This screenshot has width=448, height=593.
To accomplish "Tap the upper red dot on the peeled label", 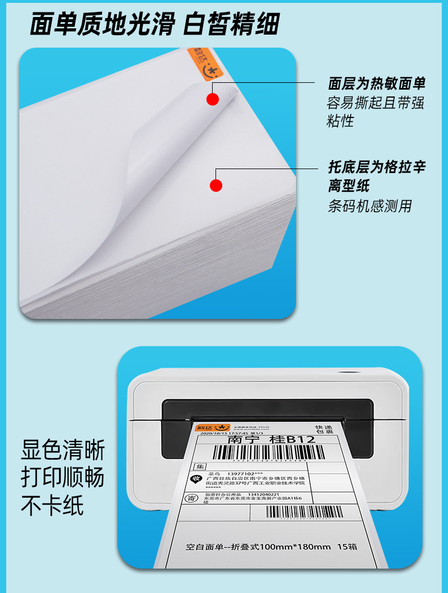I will [213, 99].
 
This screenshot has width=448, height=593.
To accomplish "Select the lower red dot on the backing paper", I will [216, 185].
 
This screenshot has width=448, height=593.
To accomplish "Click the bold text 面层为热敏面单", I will [376, 84].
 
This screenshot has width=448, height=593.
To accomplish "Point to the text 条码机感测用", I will [369, 205].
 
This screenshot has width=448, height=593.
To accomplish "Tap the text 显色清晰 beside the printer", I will [63, 451].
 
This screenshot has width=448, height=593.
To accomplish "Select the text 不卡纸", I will [52, 505].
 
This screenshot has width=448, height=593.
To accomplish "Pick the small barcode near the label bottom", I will [304, 512].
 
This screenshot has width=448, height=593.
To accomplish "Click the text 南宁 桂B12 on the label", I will [271, 439].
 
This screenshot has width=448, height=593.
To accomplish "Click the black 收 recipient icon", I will [196, 480].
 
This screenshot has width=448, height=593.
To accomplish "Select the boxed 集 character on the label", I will [199, 466].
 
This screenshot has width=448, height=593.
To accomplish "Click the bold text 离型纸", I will [348, 185].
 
